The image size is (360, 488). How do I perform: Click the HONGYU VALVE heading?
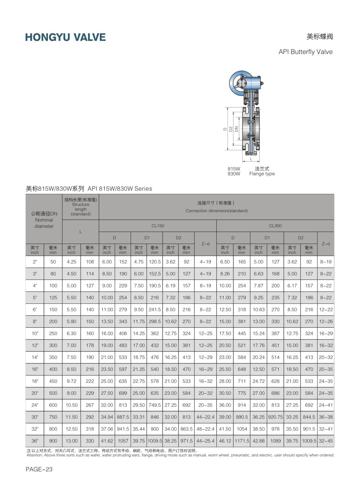tap(65, 37)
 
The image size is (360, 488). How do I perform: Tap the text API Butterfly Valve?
tap(305, 52)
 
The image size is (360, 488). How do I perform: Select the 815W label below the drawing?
tap(234, 169)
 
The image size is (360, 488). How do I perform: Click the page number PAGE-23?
tap(39, 469)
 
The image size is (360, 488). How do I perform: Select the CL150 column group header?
tap(157, 226)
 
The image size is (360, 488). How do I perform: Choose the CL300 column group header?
tap(275, 226)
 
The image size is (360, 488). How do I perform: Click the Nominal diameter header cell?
tap(44, 220)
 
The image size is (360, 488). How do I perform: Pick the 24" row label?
tap(35, 405)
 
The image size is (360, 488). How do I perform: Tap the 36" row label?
tap(35, 441)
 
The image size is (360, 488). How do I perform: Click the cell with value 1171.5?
tap(242, 441)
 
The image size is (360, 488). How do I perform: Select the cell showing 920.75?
tap(275, 417)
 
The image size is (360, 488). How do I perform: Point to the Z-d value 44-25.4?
tap(205, 441)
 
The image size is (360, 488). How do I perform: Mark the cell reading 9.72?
tap(71, 381)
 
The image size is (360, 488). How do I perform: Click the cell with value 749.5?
tap(155, 405)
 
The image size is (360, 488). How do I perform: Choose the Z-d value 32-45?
tap(326, 441)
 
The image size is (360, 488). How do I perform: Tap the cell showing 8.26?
tap(225, 274)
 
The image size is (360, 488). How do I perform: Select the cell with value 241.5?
tap(155, 310)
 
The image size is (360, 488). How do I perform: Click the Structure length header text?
tap(81, 207)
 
